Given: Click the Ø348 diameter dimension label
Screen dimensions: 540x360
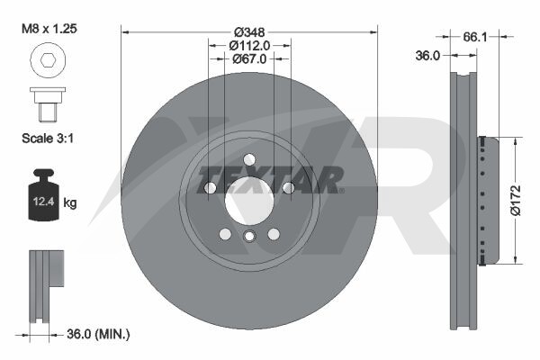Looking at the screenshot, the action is point(249,32).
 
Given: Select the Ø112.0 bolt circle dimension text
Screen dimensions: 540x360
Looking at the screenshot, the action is point(249,45).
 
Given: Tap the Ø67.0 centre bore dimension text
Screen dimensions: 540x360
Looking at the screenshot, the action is point(249,58).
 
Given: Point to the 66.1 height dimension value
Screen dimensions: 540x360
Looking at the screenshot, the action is point(475,37).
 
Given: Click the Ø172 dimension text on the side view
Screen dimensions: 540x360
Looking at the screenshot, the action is point(516,201).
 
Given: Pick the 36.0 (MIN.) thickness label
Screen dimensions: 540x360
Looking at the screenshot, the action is point(98,334).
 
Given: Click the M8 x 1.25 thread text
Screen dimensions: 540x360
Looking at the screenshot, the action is point(49,29).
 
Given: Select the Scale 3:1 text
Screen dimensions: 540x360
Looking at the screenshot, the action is point(48,139).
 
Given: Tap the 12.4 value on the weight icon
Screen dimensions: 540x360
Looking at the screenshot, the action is point(44,202).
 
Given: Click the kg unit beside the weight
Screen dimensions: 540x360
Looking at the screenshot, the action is point(70,202).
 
